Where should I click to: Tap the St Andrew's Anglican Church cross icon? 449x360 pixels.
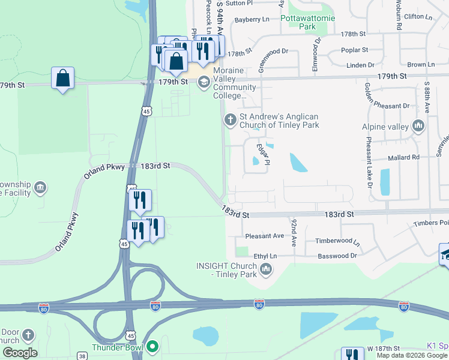click(x=229, y=120)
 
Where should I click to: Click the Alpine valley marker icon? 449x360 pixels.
click(x=418, y=127)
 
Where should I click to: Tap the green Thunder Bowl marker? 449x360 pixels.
click(x=153, y=346)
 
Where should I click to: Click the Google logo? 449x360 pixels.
click(x=20, y=353)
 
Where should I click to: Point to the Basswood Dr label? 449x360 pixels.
click(x=337, y=255)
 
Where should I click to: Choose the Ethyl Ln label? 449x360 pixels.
click(x=265, y=256)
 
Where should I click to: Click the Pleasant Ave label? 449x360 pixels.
click(x=264, y=236)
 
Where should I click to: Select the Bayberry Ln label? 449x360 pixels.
click(x=252, y=19)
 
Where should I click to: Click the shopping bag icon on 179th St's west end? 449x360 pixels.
click(x=62, y=79)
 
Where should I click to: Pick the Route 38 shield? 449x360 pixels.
click(x=82, y=356)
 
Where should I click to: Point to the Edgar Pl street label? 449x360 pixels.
click(x=262, y=150)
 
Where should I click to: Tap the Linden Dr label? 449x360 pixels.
click(x=361, y=64)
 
